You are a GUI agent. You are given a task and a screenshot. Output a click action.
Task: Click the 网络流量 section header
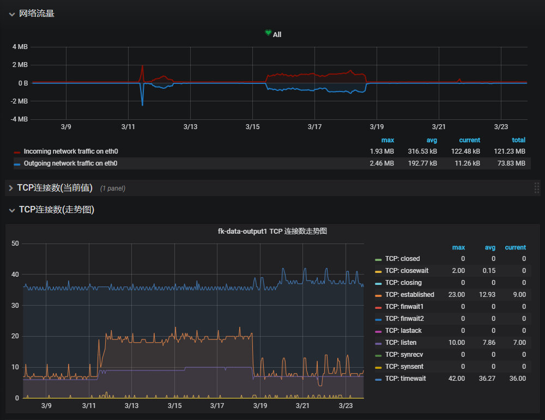click(37, 14)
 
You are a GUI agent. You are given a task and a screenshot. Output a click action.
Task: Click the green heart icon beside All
click(268, 34)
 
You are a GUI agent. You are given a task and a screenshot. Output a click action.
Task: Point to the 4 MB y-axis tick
click(20, 47)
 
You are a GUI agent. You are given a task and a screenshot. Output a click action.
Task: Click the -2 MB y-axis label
click(19, 101)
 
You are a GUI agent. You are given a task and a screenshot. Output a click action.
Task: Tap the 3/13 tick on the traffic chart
click(190, 127)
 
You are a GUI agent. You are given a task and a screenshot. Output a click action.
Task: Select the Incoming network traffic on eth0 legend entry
click(71, 151)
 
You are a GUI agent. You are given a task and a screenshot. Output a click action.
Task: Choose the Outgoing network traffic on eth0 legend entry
click(71, 163)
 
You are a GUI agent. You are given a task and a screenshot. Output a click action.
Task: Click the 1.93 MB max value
click(382, 151)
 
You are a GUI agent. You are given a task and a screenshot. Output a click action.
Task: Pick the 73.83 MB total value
click(513, 163)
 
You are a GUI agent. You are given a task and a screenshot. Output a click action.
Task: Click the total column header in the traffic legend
click(518, 141)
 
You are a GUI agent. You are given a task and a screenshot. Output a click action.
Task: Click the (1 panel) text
click(113, 188)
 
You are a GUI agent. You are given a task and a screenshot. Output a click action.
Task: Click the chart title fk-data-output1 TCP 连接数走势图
click(272, 232)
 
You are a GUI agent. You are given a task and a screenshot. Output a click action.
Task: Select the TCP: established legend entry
click(409, 295)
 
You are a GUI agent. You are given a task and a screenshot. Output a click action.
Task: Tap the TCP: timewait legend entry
click(405, 379)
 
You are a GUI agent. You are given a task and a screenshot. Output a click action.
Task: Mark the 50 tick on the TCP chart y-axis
click(15, 244)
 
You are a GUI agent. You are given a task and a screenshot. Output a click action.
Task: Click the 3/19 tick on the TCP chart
click(260, 406)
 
